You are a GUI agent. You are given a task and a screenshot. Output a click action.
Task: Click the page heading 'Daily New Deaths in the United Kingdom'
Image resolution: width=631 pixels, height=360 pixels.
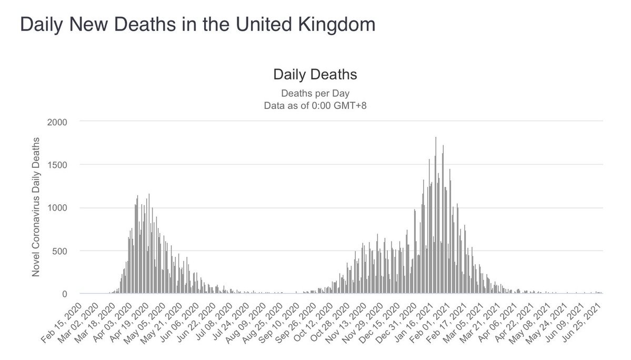pos(197,25)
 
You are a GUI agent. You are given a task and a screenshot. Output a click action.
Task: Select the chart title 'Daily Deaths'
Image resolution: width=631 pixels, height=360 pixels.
pos(315,75)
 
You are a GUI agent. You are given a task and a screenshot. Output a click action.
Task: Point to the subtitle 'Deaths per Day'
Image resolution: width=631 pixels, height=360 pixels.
pos(315,94)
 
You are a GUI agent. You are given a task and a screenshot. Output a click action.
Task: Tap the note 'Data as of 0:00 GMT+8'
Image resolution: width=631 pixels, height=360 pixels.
pos(315,105)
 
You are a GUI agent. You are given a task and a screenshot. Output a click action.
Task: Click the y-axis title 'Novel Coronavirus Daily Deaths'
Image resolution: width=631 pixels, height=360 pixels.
pos(36,206)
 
